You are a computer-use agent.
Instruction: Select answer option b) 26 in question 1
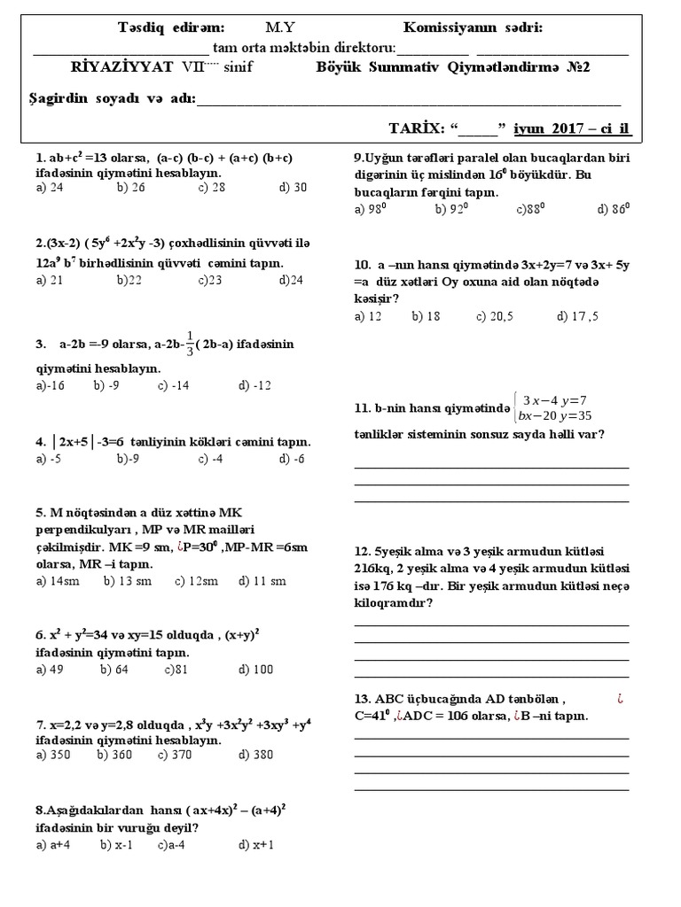tap(130, 187)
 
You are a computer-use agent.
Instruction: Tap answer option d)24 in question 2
tap(291, 280)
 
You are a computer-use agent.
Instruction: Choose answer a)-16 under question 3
tap(51, 385)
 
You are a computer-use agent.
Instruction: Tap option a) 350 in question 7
tap(54, 755)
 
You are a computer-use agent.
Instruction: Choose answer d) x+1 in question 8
tap(256, 844)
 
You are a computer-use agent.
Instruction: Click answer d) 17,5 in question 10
tap(578, 315)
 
